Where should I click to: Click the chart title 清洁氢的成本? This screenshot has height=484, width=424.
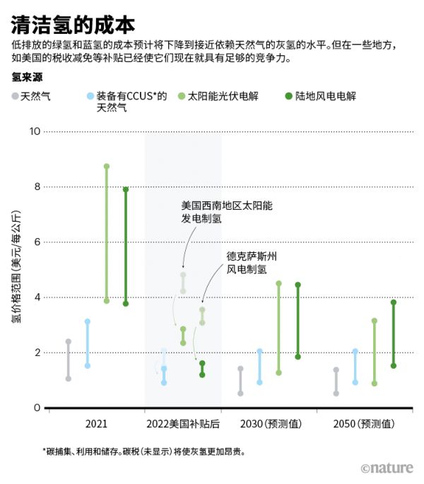pos(73,25)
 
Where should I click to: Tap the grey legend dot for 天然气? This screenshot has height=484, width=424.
pos(15,95)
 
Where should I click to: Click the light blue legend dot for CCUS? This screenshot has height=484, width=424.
pos(88,95)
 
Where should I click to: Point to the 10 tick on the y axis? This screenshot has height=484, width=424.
pos(35,131)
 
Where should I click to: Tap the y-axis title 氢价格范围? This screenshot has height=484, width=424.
pos(16,268)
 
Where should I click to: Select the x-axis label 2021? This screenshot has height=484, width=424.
pos(96,424)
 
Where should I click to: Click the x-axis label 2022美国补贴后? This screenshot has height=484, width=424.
pos(183,424)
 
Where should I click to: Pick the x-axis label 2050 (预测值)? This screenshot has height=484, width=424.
pos(364,424)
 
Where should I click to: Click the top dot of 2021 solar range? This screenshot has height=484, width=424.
pos(107,167)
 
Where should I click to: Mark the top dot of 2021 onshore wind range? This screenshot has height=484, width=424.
pos(126,189)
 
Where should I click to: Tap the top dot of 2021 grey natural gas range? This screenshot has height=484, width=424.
pos(69,342)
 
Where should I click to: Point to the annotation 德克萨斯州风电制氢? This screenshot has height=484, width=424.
pos(251,262)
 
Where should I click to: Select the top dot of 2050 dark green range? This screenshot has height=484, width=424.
pos(394,302)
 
